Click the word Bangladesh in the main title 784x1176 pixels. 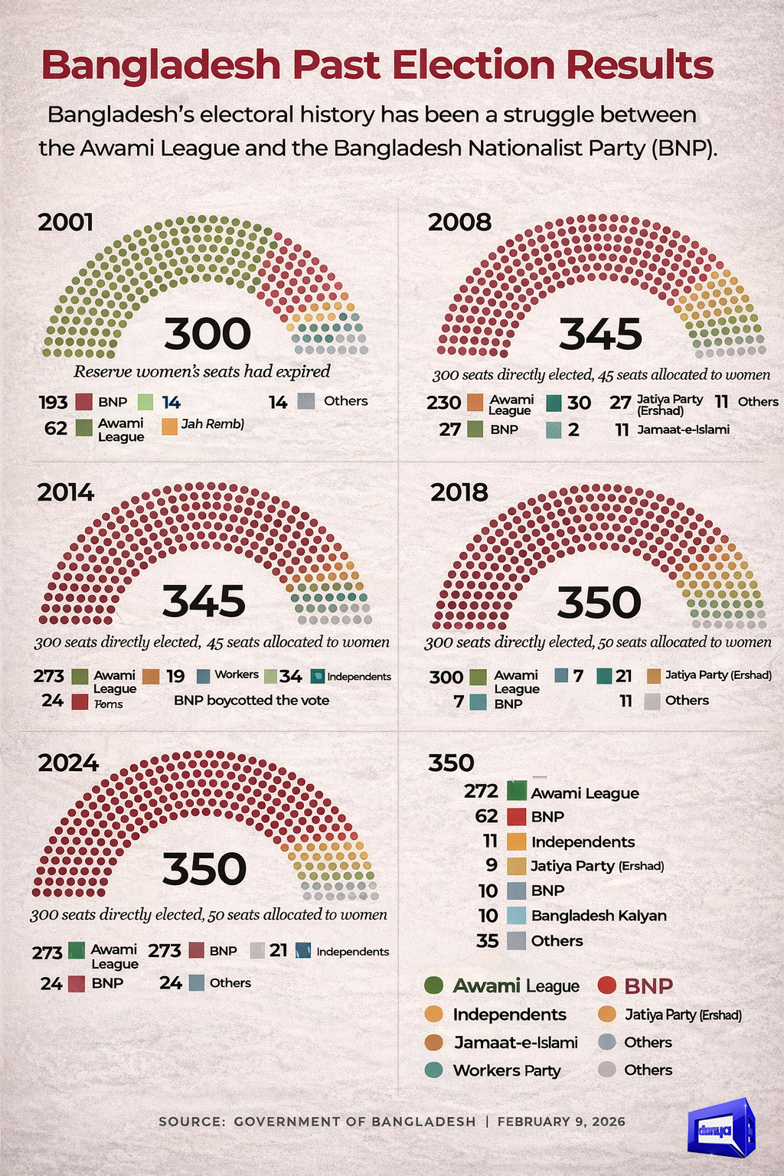pos(162,66)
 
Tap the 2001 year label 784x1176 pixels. pos(66,222)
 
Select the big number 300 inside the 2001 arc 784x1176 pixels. pos(207,334)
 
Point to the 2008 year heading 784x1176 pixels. pos(459,222)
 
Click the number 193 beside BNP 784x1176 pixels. pos(54,403)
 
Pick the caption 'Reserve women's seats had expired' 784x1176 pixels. pos(202,372)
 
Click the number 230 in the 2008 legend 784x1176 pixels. pos(443,403)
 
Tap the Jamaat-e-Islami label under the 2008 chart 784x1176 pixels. pos(683,430)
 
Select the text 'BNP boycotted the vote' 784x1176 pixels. pos(251,701)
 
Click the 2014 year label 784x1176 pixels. pos(66,492)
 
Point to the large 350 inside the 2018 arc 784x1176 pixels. pos(599,603)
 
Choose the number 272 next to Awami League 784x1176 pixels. pos(481,792)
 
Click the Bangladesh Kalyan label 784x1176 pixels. pos(599,916)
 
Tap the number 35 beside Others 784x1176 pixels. pos(487,941)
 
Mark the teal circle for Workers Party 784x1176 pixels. pos(434,1070)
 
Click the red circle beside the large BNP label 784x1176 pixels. pos(607,986)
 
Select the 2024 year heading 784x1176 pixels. pos(69,763)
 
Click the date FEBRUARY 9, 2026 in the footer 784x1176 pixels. pos(561,1122)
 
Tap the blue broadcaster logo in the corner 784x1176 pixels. pos(721,1128)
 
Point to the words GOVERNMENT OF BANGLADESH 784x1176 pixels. pos(354,1122)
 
